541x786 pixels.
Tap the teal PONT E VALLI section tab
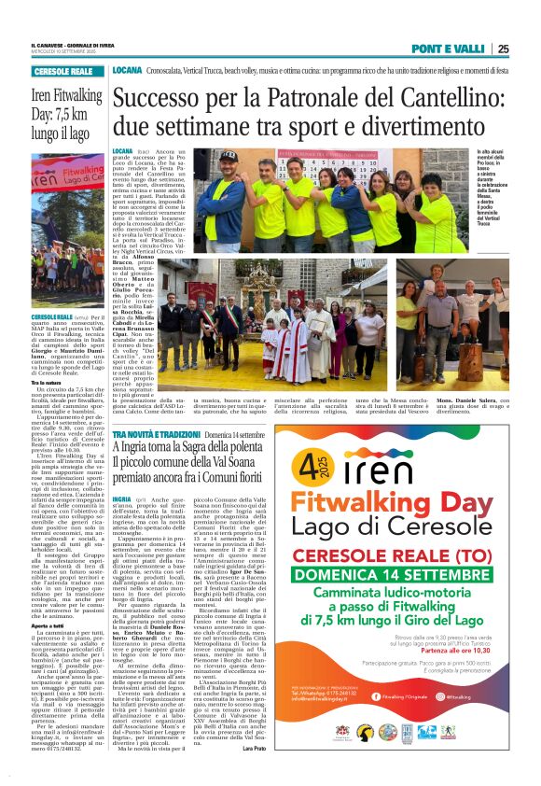pyautogui.click(x=451, y=49)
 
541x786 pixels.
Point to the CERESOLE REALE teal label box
pyautogui.click(x=63, y=72)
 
